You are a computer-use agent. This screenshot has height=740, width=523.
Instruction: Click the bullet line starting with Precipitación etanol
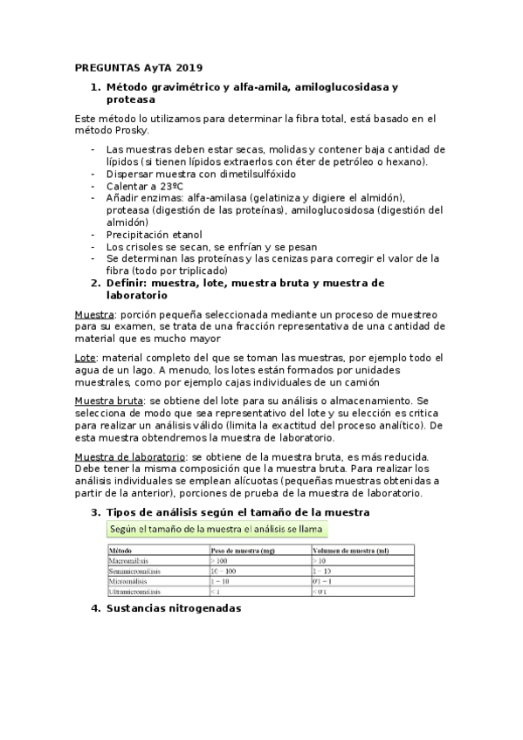click(154, 234)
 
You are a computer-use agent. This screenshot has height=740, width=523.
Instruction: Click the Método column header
click(121, 551)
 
